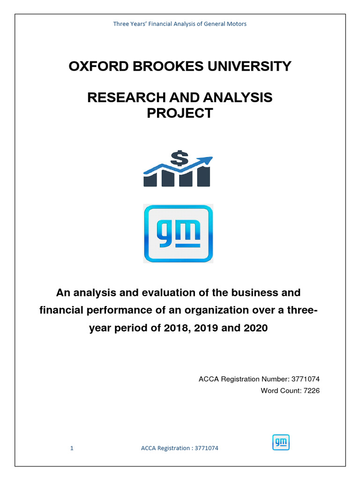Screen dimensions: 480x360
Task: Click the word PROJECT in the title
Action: pos(180,113)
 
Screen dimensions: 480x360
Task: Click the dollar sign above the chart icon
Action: pos(178,158)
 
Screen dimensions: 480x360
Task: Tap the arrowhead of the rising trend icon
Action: pos(207,160)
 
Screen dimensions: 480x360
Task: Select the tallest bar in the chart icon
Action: pos(203,176)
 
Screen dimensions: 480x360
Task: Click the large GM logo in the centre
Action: pos(178,233)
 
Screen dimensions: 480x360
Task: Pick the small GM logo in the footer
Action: pos(281,442)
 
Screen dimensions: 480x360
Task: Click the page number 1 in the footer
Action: pos(72,448)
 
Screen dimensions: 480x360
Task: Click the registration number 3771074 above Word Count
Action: pos(306,379)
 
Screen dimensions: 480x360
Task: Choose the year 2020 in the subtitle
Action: pos(255,328)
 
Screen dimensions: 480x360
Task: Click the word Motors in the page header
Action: pos(237,24)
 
